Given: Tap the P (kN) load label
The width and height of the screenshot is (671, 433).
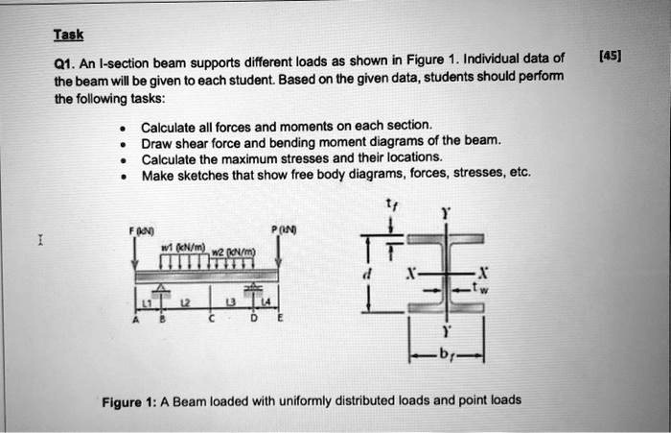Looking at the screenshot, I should pyautogui.click(x=284, y=229).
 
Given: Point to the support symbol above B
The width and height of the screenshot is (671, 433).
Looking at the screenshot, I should pyautogui.click(x=162, y=291).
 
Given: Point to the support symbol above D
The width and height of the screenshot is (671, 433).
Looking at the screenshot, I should pyautogui.click(x=252, y=291).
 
